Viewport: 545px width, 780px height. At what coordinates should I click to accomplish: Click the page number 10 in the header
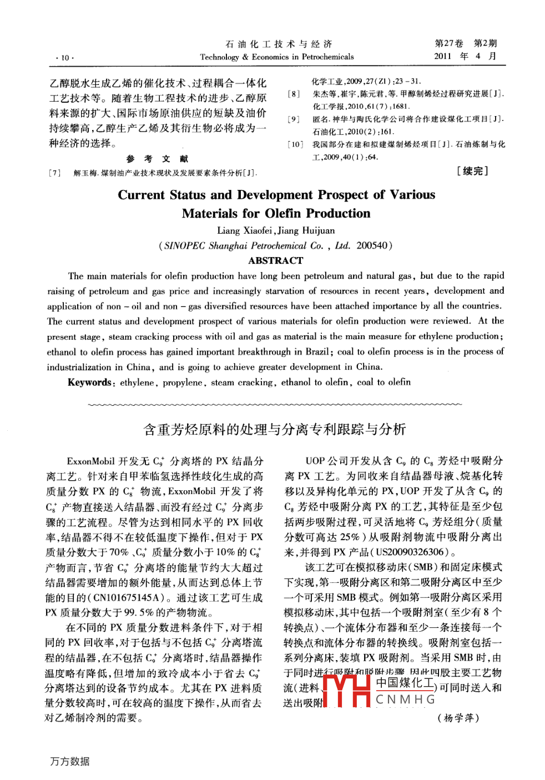click(65, 58)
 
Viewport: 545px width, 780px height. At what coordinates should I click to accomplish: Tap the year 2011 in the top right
click(443, 56)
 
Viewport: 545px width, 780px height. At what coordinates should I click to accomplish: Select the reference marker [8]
click(294, 94)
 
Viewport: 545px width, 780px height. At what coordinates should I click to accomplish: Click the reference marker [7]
click(55, 173)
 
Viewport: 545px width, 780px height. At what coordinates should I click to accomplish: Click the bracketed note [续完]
click(472, 171)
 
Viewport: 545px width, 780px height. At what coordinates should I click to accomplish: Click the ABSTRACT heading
click(275, 261)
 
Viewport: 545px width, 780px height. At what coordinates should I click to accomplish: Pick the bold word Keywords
click(89, 383)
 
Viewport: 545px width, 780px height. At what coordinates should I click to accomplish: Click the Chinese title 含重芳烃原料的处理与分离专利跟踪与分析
click(274, 429)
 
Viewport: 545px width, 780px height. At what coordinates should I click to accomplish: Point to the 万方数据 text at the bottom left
click(70, 761)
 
